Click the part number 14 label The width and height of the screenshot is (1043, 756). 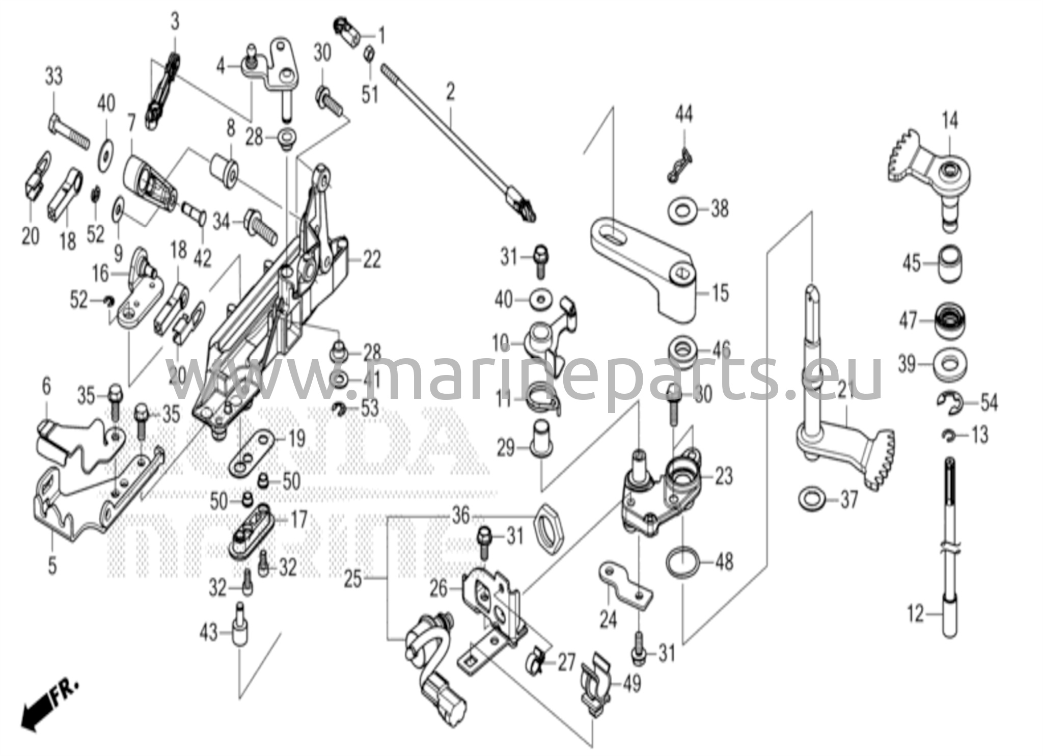point(949,121)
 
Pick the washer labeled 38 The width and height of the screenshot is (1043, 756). point(683,210)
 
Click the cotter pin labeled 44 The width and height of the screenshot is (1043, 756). point(680,165)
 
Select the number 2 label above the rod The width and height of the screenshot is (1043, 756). point(450,93)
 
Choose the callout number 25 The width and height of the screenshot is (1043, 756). point(353,579)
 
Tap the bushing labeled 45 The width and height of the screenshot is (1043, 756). point(950,264)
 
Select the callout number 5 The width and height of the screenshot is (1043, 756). point(52,566)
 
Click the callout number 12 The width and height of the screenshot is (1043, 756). point(916,613)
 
